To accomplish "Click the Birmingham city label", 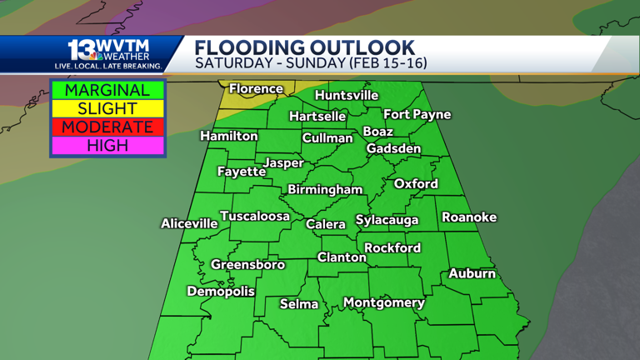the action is click(x=325, y=189).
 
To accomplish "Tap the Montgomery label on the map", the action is click(x=384, y=302).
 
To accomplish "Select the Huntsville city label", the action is click(x=347, y=95).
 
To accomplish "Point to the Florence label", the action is click(x=256, y=88).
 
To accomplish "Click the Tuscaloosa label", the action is click(x=255, y=216).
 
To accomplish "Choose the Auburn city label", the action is click(x=472, y=273).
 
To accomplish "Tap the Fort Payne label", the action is click(x=417, y=114).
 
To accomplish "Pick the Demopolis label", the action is click(x=221, y=291).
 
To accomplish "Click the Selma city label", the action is click(x=299, y=304).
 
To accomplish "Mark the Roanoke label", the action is click(x=469, y=217).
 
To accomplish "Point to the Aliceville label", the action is click(x=189, y=223).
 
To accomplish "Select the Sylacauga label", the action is click(x=387, y=220).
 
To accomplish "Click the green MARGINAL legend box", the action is click(x=107, y=90).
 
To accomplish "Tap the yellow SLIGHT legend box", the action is click(x=107, y=108).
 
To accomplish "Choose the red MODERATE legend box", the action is click(x=107, y=127).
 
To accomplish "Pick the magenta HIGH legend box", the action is click(x=107, y=145).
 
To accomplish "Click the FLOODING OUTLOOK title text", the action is click(x=304, y=47).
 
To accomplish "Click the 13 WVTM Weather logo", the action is click(x=108, y=50).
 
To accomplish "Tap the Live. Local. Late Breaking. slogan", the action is click(x=108, y=66).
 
